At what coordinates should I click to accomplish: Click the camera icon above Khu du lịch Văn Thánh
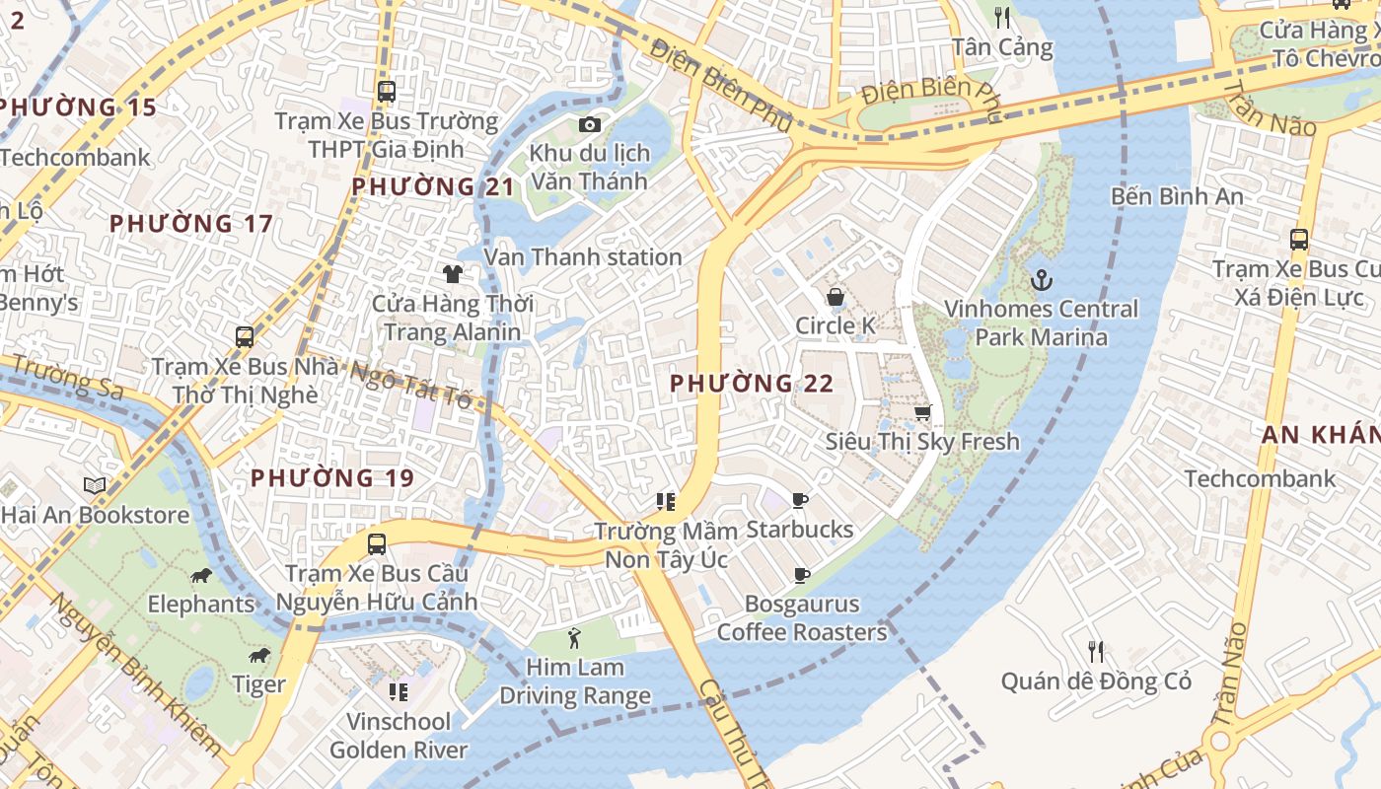[x=589, y=124]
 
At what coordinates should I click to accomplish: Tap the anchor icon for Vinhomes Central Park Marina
[x=1041, y=281]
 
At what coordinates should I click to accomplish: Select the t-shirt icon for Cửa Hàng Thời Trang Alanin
[x=453, y=274]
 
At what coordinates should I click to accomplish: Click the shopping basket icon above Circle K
[x=835, y=297]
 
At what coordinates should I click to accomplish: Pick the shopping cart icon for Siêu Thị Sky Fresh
[x=922, y=412]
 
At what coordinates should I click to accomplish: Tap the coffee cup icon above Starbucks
[x=800, y=500]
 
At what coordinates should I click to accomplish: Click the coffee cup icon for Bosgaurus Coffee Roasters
[x=802, y=575]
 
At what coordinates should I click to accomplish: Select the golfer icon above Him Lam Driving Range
[x=574, y=638]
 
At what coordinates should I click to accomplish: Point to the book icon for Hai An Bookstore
[x=95, y=485]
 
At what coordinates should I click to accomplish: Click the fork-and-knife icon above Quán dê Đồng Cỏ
[x=1095, y=652]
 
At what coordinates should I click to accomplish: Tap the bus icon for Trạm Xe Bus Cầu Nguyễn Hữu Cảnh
[x=377, y=543]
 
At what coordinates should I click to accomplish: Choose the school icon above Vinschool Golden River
[x=399, y=691]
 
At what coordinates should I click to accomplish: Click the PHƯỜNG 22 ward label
[x=752, y=384]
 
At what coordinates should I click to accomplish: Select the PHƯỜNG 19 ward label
[x=331, y=478]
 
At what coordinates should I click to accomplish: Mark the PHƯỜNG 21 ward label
[x=433, y=186]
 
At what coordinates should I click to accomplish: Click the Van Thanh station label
[x=582, y=257]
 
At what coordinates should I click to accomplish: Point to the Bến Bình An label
[x=1177, y=196]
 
